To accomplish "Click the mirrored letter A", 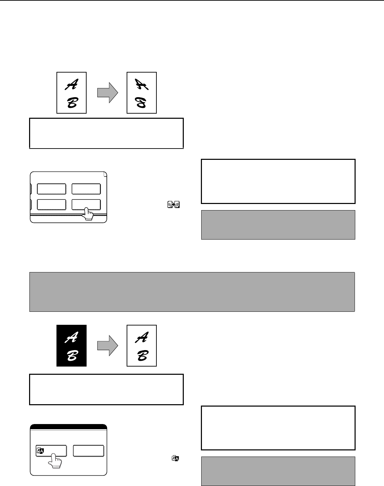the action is (142, 85).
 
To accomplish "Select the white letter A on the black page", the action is (72, 337).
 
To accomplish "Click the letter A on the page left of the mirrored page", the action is (72, 85).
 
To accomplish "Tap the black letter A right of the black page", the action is (142, 337).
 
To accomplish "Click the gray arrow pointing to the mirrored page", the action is (107, 93).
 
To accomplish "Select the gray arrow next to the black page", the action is (107, 346).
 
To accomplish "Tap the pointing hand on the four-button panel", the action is (88, 214).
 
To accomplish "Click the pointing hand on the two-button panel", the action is (55, 460).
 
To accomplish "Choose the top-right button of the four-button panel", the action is (86, 189).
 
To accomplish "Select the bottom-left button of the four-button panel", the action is (51, 205).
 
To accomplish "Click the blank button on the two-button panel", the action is (89, 451).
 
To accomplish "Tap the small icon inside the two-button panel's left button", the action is (40, 451).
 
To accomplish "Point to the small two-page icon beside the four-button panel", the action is (174, 204).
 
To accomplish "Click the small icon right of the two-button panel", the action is (175, 458).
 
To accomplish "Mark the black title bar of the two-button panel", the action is (68, 426).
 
